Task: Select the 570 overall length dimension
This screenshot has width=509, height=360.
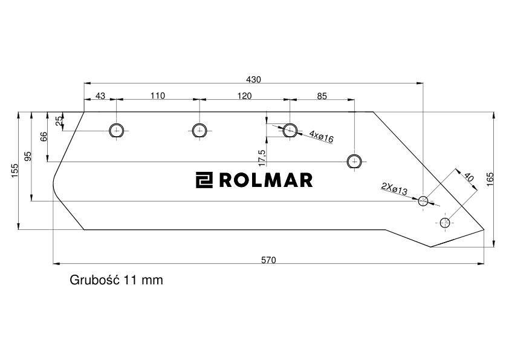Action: pyautogui.click(x=268, y=260)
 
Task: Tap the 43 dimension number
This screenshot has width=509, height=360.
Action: pyautogui.click(x=100, y=96)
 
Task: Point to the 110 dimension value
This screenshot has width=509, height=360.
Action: pyautogui.click(x=157, y=96)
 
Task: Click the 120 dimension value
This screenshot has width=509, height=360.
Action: pyautogui.click(x=244, y=96)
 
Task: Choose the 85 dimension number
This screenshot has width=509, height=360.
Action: pyautogui.click(x=322, y=96)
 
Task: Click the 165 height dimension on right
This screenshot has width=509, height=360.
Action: pyautogui.click(x=490, y=178)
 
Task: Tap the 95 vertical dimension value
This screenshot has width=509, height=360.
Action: pyautogui.click(x=28, y=157)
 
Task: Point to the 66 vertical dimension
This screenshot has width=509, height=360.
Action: pyautogui.click(x=44, y=137)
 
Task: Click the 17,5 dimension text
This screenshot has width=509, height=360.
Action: pyautogui.click(x=261, y=157)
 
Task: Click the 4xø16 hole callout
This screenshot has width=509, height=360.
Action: pyautogui.click(x=321, y=136)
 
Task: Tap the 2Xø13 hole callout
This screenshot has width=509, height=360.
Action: pyautogui.click(x=394, y=189)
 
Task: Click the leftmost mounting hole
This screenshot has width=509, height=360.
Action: pyautogui.click(x=116, y=130)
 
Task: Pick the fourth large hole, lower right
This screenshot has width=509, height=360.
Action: pyautogui.click(x=354, y=162)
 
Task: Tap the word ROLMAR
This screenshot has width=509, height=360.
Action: pyautogui.click(x=265, y=180)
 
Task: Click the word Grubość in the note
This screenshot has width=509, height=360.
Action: pyautogui.click(x=96, y=280)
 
